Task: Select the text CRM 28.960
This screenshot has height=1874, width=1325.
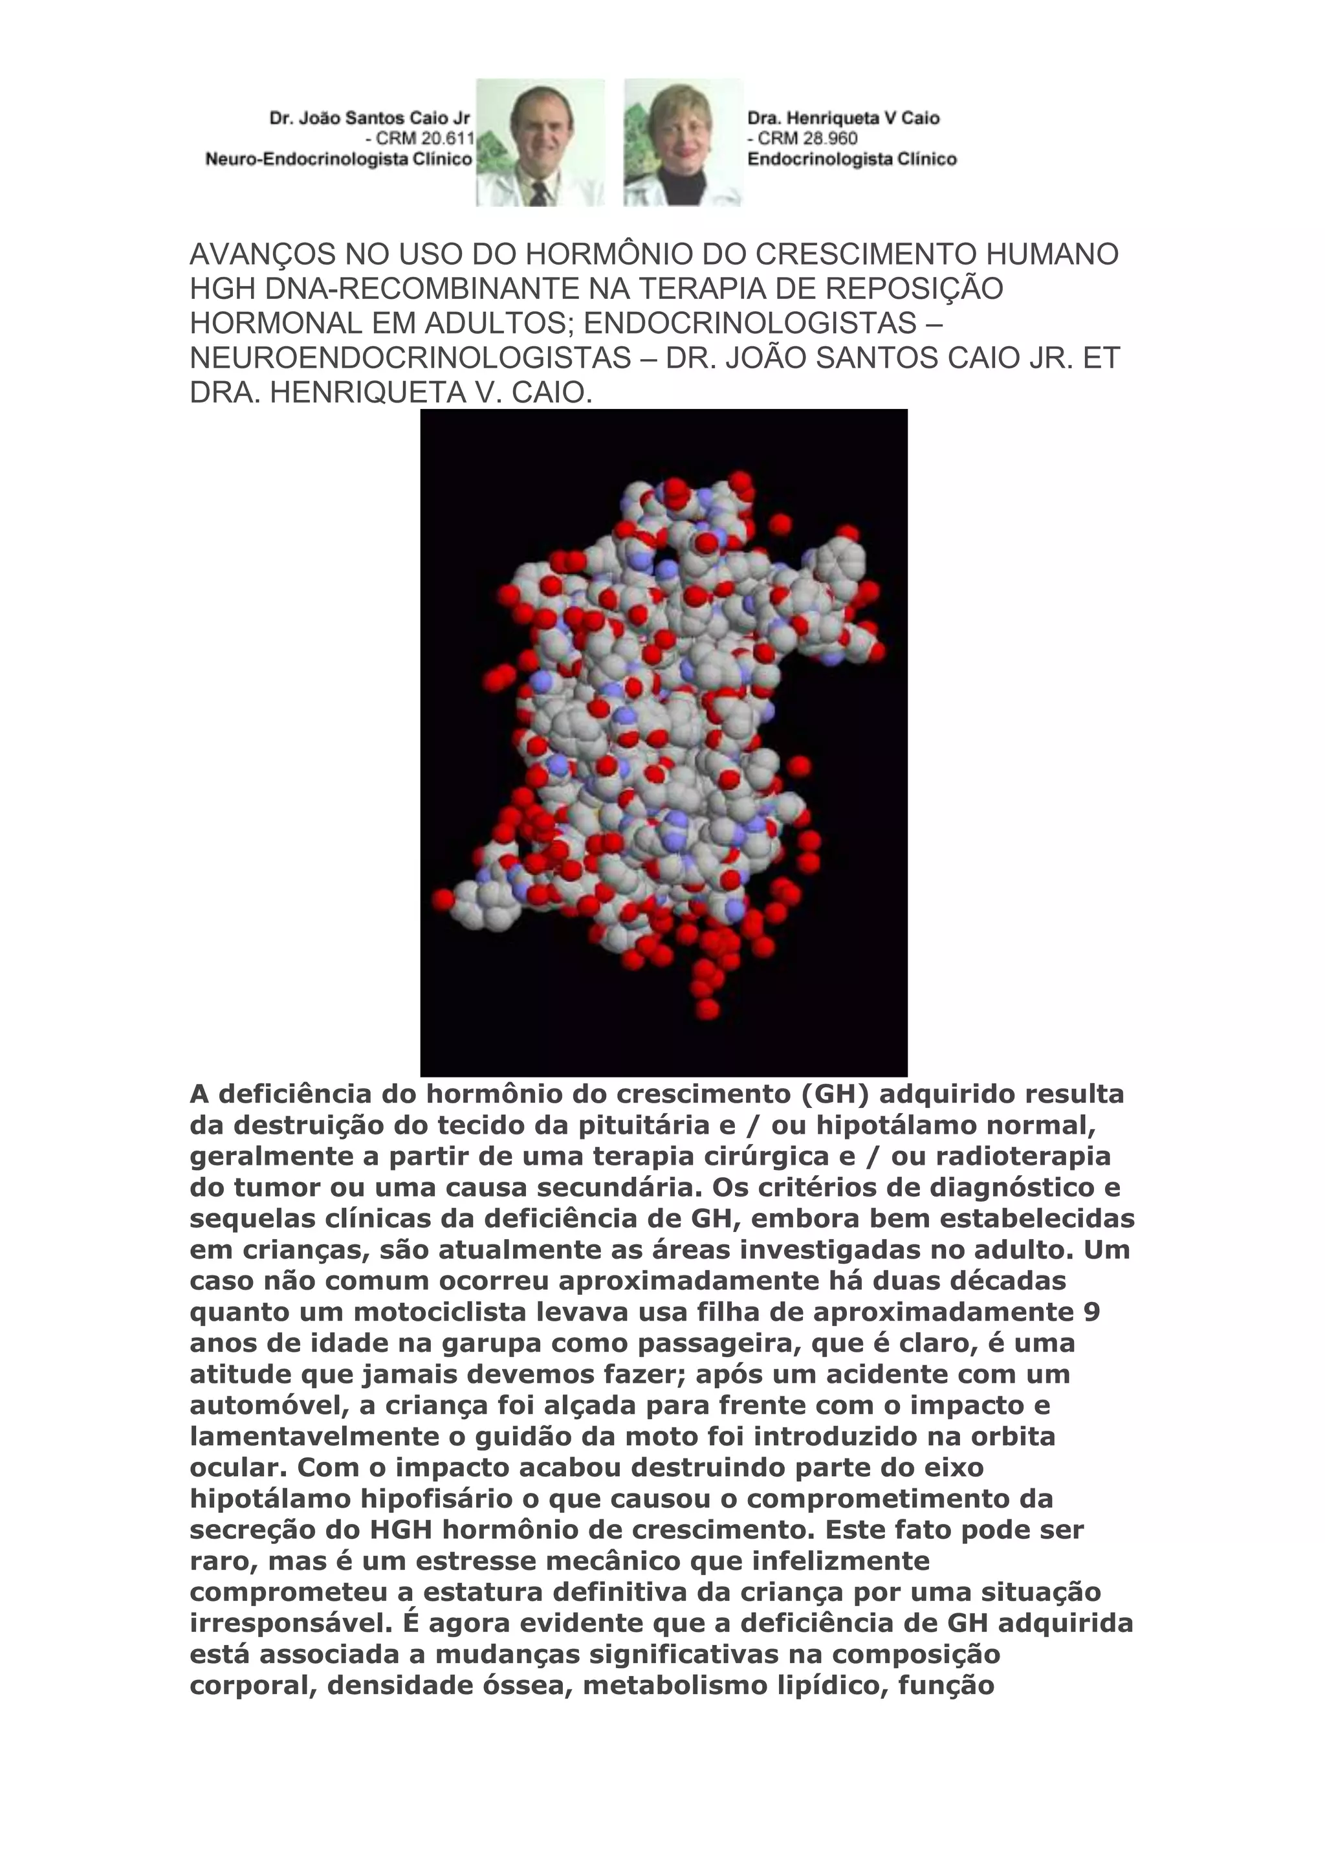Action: point(807,138)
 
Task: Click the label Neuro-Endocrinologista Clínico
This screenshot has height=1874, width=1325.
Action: point(338,159)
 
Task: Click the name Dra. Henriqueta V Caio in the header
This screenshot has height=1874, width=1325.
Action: point(843,118)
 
